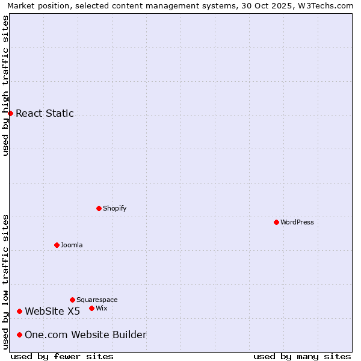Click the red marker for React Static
point(10,113)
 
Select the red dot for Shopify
point(99,208)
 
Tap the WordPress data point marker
point(276,222)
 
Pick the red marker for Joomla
point(57,245)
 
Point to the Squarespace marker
point(72,300)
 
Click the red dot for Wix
point(91,308)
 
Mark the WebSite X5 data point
point(20,311)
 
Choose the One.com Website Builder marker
point(20,335)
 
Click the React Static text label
point(45,113)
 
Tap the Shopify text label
point(114,208)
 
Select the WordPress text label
point(297,222)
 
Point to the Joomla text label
point(72,245)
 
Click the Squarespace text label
point(97,300)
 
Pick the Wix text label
point(101,308)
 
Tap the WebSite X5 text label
point(52,311)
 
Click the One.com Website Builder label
point(85,335)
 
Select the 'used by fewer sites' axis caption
point(62,356)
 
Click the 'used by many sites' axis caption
point(302,356)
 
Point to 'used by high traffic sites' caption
point(5,85)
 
